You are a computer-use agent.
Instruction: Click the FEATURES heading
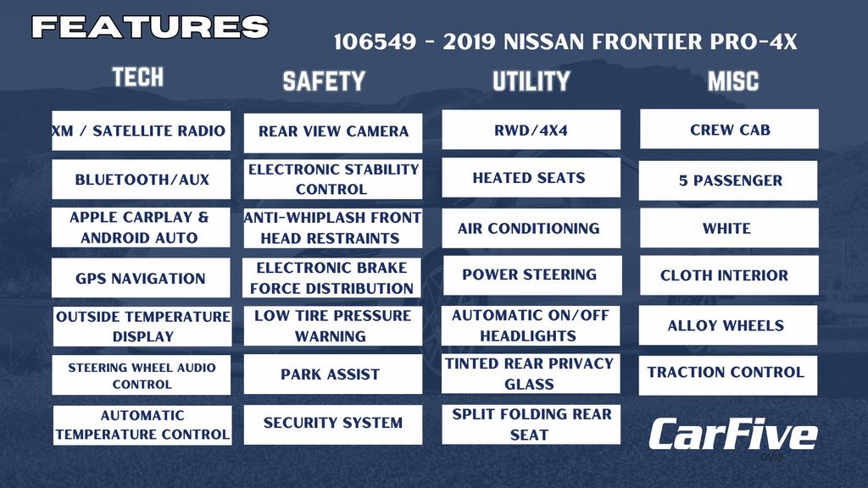point(150,26)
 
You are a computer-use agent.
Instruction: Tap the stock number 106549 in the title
point(375,42)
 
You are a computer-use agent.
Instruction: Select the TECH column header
point(138,77)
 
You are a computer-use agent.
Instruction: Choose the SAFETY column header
point(324,81)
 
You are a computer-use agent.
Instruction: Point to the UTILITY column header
point(531,81)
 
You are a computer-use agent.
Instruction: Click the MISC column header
point(733,81)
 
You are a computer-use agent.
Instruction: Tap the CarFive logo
point(733,435)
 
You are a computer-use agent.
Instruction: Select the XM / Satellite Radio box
point(142,130)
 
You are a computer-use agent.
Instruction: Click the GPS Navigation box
point(141,278)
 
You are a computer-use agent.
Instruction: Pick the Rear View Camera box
point(333,133)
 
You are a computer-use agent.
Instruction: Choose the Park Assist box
point(333,374)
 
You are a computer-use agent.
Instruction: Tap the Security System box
point(333,424)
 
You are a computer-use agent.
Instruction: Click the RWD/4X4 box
point(531,130)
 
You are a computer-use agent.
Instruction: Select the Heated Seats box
point(531,178)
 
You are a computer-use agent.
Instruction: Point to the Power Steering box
point(532,275)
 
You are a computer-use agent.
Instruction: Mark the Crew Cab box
point(729,129)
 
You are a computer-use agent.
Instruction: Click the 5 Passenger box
point(728,180)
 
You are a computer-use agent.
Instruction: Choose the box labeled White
point(729,228)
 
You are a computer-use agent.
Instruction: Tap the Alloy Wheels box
point(728,325)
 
